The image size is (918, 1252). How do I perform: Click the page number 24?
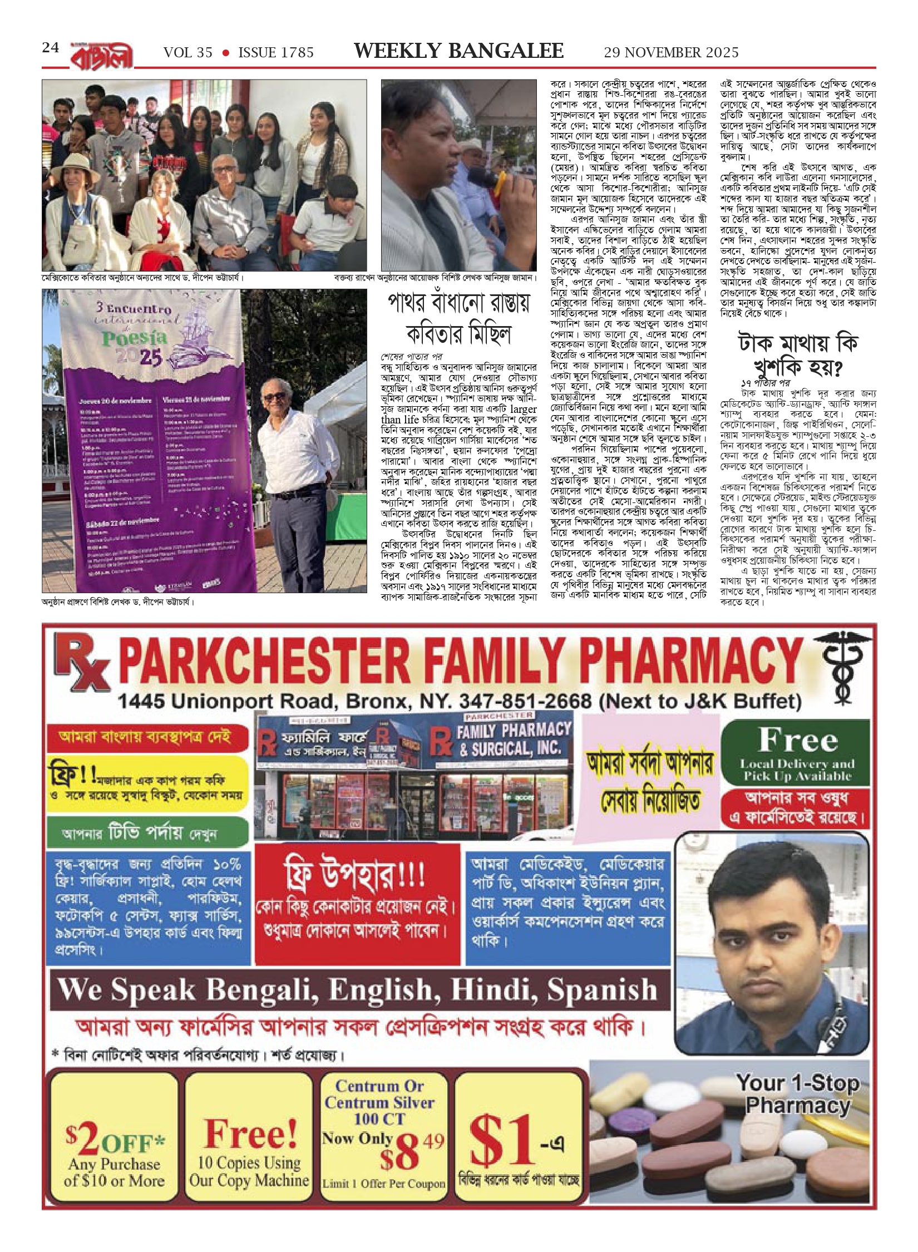50,48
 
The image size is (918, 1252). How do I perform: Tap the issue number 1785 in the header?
294,53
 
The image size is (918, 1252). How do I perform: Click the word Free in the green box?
798,740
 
